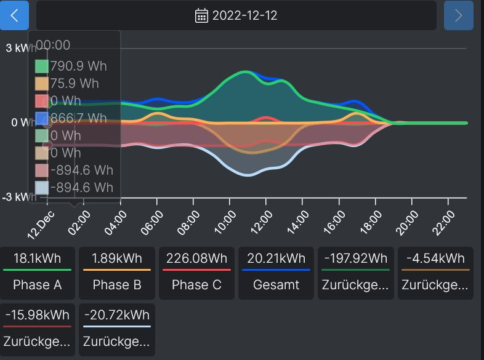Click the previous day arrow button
[15, 15]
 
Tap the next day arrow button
[458, 15]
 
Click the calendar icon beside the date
[202, 15]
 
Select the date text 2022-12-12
[244, 15]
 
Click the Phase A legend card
[38, 273]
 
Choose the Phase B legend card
[117, 273]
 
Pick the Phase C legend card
[196, 273]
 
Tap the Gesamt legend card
[276, 273]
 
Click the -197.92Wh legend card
[355, 273]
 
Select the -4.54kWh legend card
[435, 273]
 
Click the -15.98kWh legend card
[38, 329]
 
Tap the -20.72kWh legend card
[117, 329]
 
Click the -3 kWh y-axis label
[18, 197]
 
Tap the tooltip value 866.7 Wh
[79, 118]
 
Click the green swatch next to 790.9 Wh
[41, 66]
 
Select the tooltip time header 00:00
[53, 45]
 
